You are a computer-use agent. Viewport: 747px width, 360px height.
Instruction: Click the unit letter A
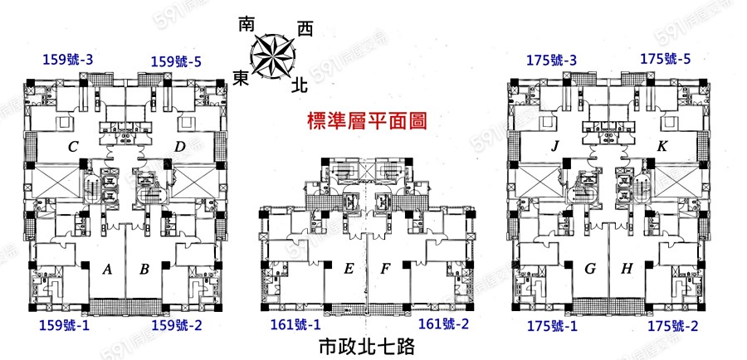[106, 270]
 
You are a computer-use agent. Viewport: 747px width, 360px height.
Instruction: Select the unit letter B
[144, 270]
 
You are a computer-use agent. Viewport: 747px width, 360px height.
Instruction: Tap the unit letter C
[73, 148]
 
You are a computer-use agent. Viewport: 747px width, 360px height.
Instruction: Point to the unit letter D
[179, 148]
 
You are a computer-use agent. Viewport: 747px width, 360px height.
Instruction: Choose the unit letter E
[349, 269]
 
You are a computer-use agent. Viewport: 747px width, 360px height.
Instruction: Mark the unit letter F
[385, 269]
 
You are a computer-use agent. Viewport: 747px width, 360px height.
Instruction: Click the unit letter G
[591, 269]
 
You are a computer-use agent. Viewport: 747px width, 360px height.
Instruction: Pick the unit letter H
[627, 269]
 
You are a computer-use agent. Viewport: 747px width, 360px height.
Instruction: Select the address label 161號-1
[295, 324]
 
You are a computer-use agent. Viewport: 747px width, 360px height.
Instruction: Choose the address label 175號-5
[666, 60]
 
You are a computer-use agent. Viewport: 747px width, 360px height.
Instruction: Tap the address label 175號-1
[552, 325]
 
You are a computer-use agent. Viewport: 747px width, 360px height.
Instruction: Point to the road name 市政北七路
[366, 345]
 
